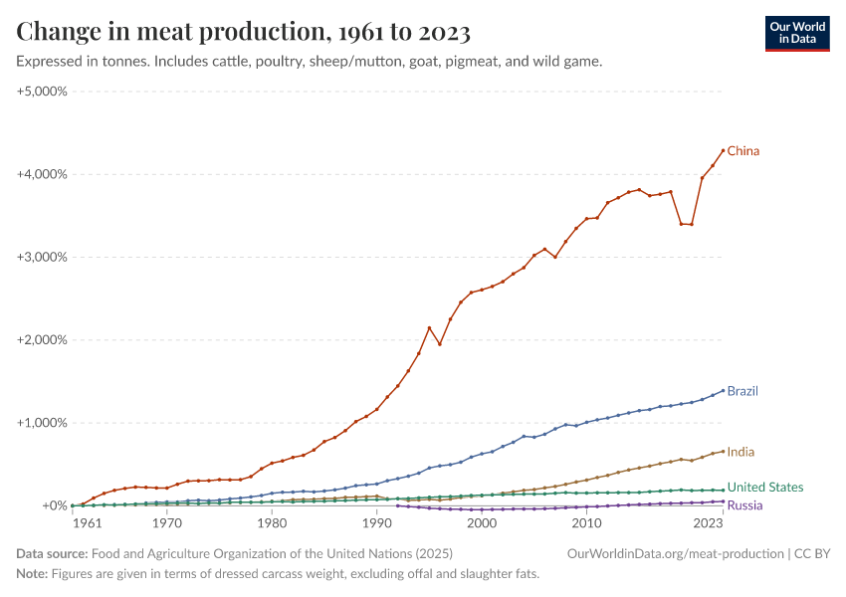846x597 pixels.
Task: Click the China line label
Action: tap(742, 151)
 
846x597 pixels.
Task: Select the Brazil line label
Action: tap(742, 391)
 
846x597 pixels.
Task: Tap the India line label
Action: tap(740, 452)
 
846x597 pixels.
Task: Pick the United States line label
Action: tap(764, 488)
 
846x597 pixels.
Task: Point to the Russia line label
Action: tap(744, 505)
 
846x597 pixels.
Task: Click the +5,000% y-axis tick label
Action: tap(42, 91)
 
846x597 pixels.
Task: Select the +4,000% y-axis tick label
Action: tap(42, 174)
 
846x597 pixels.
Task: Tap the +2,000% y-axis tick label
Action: tap(42, 340)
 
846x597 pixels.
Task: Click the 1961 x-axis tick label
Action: tap(87, 522)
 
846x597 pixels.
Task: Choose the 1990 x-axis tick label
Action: tap(376, 522)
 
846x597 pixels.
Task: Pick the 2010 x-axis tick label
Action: tap(587, 522)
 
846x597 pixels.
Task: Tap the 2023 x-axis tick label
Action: tap(709, 522)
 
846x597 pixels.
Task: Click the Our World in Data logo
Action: tap(797, 33)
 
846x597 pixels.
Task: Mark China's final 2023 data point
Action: tap(723, 150)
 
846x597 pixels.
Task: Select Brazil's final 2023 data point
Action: tap(723, 390)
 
